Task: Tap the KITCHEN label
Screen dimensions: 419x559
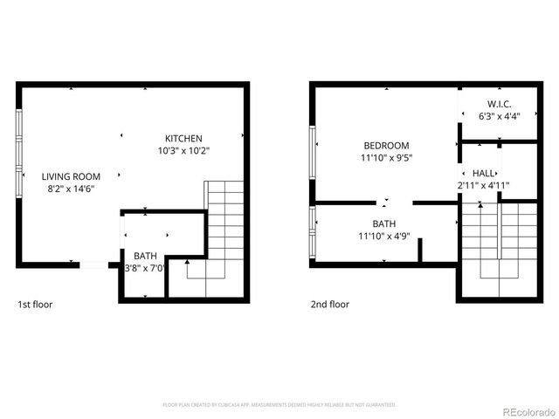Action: pyautogui.click(x=183, y=139)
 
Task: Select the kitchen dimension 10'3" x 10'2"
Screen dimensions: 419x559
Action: pyautogui.click(x=183, y=151)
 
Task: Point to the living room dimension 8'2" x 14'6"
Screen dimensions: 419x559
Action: pyautogui.click(x=71, y=188)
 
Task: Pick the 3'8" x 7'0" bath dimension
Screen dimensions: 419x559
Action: pyautogui.click(x=145, y=268)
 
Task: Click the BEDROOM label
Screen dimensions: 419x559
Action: pyautogui.click(x=386, y=146)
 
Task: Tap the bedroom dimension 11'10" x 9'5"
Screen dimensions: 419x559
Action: pyautogui.click(x=386, y=158)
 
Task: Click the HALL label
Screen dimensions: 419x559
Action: pyautogui.click(x=484, y=174)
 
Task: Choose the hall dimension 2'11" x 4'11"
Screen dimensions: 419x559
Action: pyautogui.click(x=483, y=185)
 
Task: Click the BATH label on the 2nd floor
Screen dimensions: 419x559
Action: pyautogui.click(x=384, y=223)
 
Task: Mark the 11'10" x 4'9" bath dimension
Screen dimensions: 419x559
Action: pyautogui.click(x=384, y=235)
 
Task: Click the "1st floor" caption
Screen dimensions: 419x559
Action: pyautogui.click(x=36, y=305)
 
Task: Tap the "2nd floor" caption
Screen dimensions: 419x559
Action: pyautogui.click(x=330, y=305)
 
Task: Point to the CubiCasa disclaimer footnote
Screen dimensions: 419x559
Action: pyautogui.click(x=279, y=405)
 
